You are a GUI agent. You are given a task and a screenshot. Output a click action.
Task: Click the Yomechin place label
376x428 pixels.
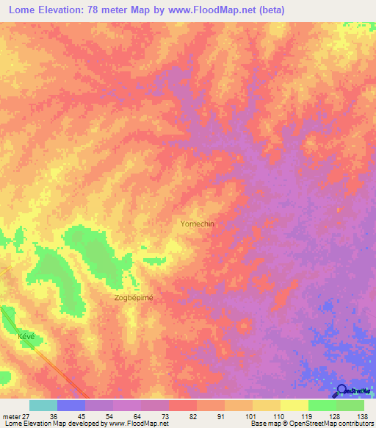point(197,224)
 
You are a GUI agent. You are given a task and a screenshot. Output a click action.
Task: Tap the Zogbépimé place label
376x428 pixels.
point(134,298)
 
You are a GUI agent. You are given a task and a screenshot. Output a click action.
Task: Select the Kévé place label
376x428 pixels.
point(26,335)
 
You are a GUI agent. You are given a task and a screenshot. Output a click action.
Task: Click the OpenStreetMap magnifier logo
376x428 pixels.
point(343,392)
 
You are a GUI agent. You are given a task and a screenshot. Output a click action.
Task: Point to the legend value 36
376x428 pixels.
point(65,415)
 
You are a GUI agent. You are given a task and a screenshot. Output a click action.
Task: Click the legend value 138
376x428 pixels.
point(361,415)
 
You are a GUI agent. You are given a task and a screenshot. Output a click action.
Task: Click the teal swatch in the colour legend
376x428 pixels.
point(43,405)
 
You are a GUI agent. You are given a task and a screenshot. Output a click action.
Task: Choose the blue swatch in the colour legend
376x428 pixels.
point(71,405)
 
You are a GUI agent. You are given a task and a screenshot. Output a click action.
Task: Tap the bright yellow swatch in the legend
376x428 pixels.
point(294,405)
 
